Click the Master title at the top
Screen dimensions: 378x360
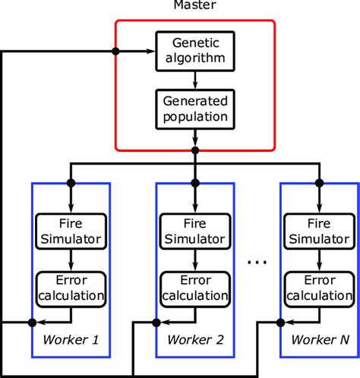point(195,7)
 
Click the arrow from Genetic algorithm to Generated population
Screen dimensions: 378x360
point(195,78)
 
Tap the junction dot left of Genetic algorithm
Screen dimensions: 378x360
point(115,51)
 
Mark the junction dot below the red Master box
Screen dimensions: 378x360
point(195,150)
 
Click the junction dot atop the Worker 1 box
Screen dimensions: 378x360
point(70,183)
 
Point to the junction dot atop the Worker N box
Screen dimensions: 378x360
point(319,183)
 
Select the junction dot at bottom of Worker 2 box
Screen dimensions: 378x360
point(156,323)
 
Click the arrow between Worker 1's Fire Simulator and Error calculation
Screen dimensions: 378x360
point(70,261)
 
